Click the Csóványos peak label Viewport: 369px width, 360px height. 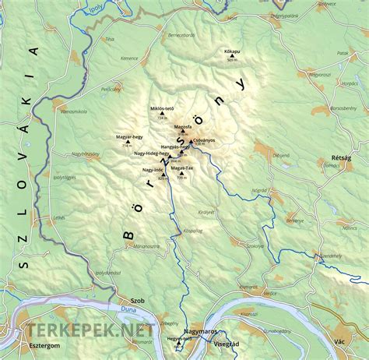(x=202, y=139)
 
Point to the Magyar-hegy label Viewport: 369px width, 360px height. (x=128, y=136)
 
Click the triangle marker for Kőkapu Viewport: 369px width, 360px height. (x=231, y=55)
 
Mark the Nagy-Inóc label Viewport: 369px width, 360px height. (x=153, y=169)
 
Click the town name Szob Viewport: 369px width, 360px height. (x=139, y=300)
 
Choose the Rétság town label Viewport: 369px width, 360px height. (x=340, y=157)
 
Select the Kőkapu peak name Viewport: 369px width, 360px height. (x=232, y=50)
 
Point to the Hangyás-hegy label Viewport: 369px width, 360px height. (x=175, y=146)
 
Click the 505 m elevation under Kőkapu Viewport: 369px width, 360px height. (x=231, y=60)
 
